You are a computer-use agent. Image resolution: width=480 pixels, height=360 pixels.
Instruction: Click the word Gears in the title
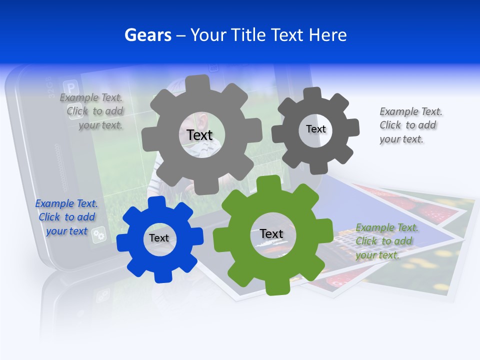pos(147,35)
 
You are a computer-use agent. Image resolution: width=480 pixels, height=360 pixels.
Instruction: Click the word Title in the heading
pos(248,35)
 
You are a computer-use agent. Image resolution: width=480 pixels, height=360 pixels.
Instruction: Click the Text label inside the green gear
pos(271,233)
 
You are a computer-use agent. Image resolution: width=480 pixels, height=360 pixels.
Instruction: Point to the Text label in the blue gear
pos(159,238)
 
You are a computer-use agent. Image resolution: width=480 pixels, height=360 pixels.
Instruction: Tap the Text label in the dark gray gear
pos(315,129)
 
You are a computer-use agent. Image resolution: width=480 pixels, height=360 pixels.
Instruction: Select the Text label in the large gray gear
pos(199,135)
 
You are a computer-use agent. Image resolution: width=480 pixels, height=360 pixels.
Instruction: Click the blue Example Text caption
pos(66,217)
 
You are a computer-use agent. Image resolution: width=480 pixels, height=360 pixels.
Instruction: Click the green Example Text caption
pos(386,241)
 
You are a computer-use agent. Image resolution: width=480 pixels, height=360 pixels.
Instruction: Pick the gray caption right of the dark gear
pos(410,125)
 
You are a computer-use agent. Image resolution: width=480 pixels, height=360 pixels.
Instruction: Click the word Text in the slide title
pos(287,35)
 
